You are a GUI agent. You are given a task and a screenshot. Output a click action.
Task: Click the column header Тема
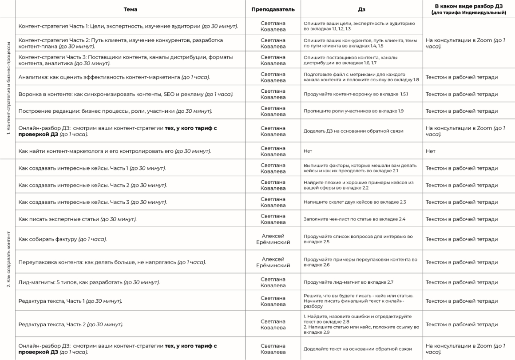[x=131, y=9]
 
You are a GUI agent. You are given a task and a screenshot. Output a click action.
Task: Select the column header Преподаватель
[x=273, y=9]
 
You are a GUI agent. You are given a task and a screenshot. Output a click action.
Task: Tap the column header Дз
[x=361, y=9]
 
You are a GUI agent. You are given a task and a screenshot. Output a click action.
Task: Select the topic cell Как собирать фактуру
[x=63, y=239]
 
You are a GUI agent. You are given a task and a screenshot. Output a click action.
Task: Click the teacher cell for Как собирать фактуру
[x=273, y=239]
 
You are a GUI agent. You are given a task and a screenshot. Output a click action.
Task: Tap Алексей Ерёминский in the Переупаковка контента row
[x=273, y=262]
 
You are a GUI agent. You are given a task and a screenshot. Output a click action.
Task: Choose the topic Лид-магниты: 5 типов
[x=89, y=282]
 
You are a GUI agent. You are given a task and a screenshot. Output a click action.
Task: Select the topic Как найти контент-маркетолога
[x=115, y=151]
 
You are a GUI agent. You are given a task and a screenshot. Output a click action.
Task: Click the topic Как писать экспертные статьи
[x=77, y=219]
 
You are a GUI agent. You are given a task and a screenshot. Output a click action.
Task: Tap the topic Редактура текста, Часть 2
[x=71, y=324]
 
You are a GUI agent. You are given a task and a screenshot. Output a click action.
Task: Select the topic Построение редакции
[x=115, y=111]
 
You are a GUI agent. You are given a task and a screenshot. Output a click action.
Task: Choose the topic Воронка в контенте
[x=126, y=94]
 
